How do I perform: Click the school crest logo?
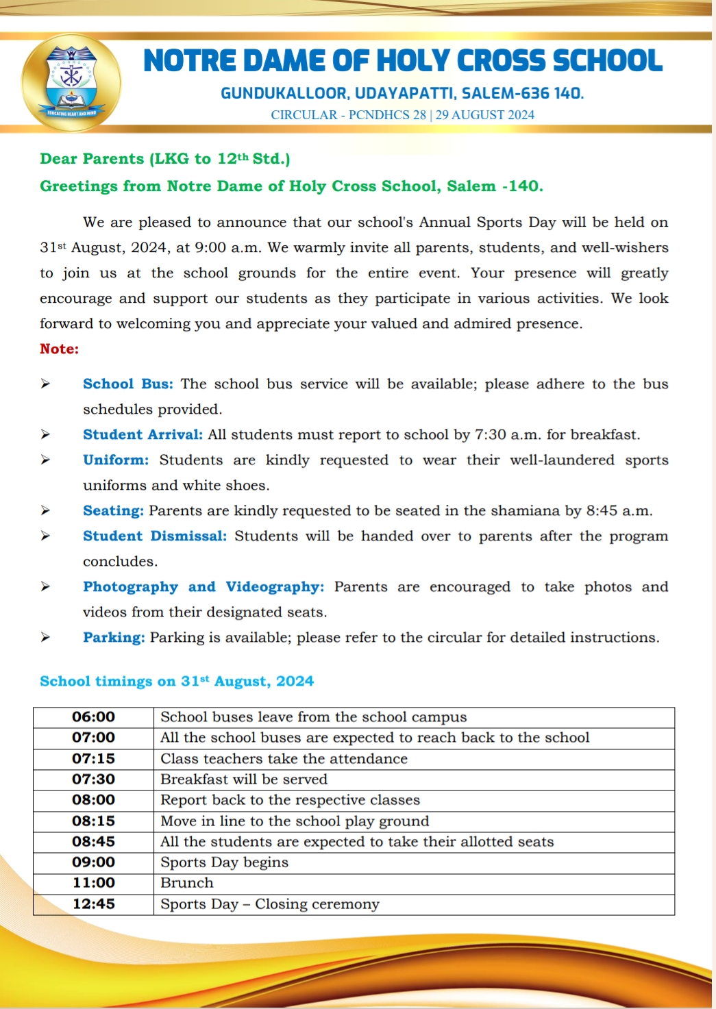71,83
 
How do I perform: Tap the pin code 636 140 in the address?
550,93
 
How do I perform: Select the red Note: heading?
60,349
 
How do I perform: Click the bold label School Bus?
128,384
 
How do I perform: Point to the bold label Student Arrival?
143,435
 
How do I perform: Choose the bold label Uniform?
116,460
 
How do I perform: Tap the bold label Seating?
113,511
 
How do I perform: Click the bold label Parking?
114,638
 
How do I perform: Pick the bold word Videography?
275,587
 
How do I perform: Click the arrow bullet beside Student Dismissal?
45,536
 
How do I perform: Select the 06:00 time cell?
93,717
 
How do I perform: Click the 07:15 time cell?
93,759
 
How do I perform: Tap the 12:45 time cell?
93,904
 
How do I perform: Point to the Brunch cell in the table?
187,883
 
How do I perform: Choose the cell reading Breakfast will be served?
244,780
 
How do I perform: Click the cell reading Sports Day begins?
224,862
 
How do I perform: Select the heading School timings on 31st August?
177,682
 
